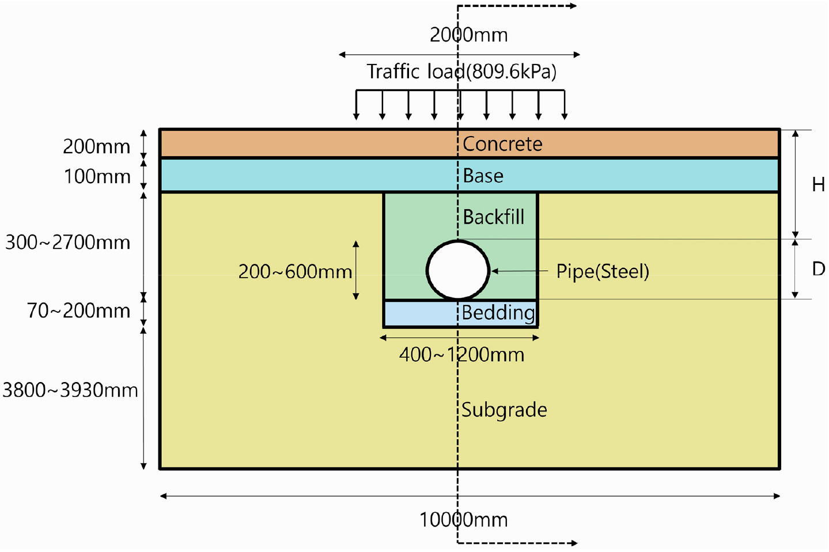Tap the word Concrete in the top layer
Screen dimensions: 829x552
(x=502, y=143)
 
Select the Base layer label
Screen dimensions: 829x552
(x=483, y=176)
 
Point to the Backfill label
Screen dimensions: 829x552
(x=493, y=217)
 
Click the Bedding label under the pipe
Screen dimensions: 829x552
(x=498, y=312)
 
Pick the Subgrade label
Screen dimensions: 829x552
(x=504, y=410)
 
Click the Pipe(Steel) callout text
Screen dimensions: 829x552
(x=603, y=271)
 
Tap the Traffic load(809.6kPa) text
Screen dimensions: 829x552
(x=461, y=71)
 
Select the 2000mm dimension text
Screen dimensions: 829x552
(x=468, y=35)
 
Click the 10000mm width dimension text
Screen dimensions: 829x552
(x=463, y=519)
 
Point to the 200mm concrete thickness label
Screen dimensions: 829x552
(x=96, y=146)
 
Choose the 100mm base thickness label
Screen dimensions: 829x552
(x=97, y=176)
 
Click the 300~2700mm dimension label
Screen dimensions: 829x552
(x=68, y=243)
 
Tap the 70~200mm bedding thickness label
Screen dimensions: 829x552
(x=78, y=311)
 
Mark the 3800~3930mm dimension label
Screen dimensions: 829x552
(x=70, y=390)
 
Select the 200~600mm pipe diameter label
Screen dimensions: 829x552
(x=295, y=272)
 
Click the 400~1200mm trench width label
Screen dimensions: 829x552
(x=461, y=355)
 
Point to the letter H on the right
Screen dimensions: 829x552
(x=818, y=184)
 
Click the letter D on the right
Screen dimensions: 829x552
(x=819, y=269)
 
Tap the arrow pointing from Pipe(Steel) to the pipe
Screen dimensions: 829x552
(x=520, y=271)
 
